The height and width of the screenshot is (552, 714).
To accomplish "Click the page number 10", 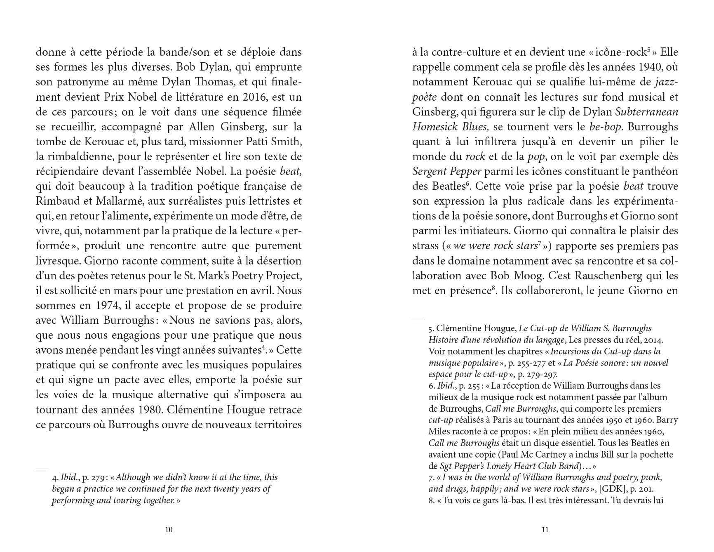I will point(169,530).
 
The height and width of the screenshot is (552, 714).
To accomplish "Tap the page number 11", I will point(545,530).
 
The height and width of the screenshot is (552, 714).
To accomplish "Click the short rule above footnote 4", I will point(42,469).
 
